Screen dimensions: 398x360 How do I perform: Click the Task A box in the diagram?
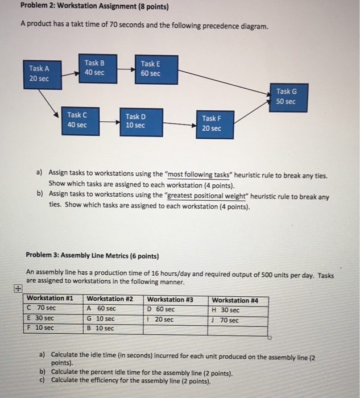click(x=39, y=73)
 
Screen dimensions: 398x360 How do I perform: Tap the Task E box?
click(x=151, y=69)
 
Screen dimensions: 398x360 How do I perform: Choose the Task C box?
click(x=77, y=120)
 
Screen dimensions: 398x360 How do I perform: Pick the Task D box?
click(x=135, y=121)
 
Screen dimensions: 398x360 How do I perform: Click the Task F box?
click(x=211, y=123)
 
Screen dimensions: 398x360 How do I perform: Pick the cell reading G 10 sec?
click(x=101, y=319)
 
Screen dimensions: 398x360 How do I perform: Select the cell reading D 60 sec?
click(x=162, y=309)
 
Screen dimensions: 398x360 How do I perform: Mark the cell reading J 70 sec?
click(x=226, y=320)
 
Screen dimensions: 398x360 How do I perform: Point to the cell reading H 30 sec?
click(x=226, y=310)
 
